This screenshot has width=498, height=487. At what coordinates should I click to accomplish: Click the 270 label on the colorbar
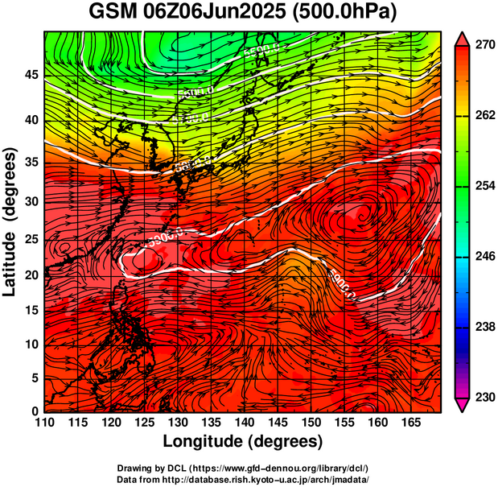pos(484,46)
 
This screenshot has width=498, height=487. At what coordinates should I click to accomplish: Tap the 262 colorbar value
pos(484,116)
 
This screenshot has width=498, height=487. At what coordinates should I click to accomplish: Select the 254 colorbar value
pos(484,186)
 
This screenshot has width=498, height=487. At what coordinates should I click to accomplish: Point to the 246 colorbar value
pos(484,256)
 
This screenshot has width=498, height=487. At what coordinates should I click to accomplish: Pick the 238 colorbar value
pos(484,327)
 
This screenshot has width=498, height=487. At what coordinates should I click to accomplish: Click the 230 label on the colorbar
pos(484,397)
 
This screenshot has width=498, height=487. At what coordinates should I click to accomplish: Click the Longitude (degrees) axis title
pos(243,441)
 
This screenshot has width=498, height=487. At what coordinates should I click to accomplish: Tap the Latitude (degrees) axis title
pos(11,221)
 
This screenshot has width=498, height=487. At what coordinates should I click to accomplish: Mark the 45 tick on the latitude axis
pos(31,75)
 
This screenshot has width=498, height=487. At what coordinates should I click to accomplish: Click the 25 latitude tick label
pos(31,239)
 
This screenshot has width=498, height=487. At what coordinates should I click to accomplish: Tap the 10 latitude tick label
pos(31,344)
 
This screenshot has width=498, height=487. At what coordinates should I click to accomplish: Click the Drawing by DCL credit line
pos(242,468)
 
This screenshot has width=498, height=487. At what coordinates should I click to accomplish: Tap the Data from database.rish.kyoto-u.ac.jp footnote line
pos(242,478)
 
